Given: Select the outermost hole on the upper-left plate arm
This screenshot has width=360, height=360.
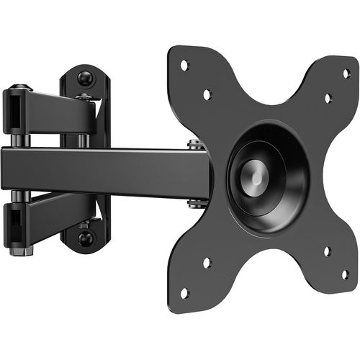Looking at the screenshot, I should point(184,66).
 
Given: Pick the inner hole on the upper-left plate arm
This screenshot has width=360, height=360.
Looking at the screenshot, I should point(207,94).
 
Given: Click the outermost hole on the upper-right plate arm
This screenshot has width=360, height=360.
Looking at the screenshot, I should point(345,73).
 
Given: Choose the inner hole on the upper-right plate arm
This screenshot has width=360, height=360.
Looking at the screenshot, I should point(328,98).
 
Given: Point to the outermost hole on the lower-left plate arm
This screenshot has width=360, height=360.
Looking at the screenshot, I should point(184,292).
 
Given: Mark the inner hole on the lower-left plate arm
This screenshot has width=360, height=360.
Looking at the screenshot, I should point(207,263).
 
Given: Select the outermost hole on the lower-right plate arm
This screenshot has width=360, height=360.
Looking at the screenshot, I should point(344,274).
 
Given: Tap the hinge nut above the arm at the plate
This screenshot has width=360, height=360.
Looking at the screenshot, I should point(195,144).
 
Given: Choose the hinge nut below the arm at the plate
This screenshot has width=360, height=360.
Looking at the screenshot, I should point(195,204).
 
